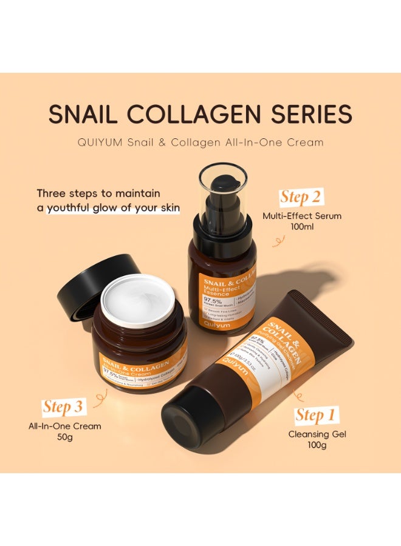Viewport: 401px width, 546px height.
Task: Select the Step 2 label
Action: click(x=301, y=197)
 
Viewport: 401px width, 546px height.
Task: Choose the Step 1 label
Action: click(x=315, y=416)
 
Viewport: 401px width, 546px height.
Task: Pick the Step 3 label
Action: click(x=64, y=406)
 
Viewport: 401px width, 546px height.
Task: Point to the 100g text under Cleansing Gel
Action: click(x=316, y=446)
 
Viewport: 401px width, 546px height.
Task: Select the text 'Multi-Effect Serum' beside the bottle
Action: click(x=302, y=215)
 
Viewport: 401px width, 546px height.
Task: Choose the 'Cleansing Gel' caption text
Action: click(x=316, y=434)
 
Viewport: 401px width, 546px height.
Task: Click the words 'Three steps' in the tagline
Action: click(x=65, y=194)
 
